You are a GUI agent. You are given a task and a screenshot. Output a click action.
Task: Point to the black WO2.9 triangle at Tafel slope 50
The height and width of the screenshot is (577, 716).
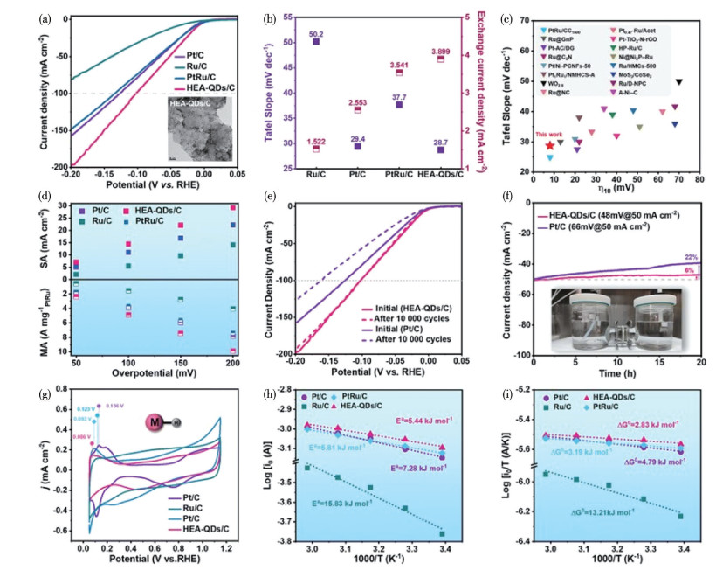(x=678, y=82)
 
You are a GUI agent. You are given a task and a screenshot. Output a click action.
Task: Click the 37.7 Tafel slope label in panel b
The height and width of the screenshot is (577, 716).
(x=397, y=98)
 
